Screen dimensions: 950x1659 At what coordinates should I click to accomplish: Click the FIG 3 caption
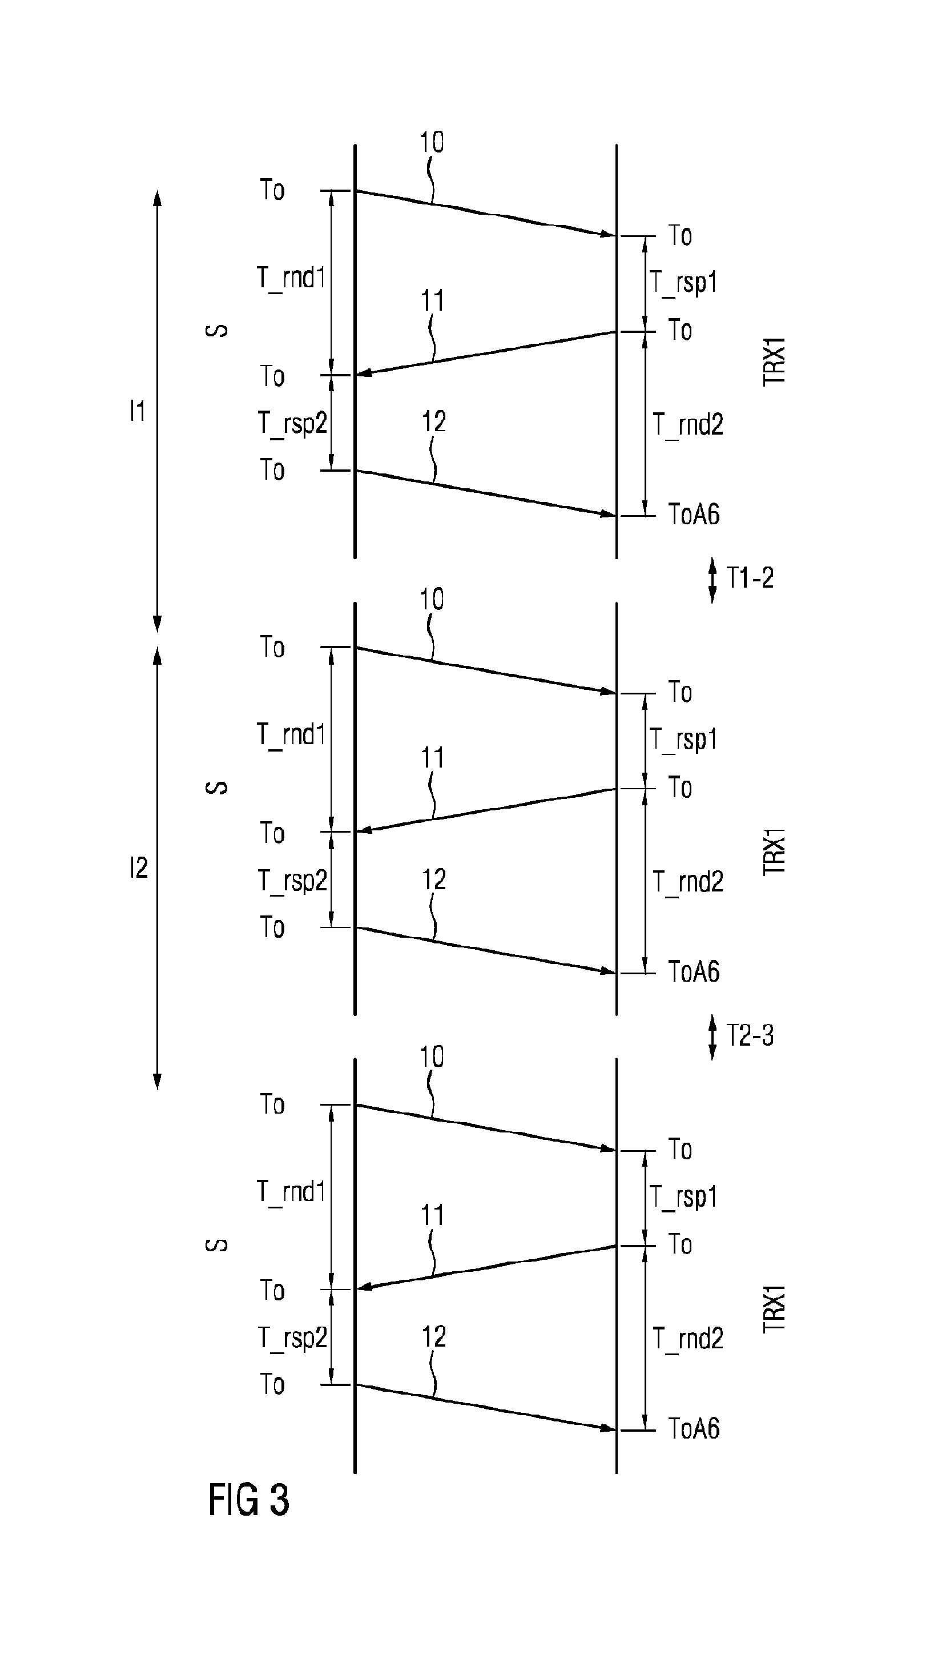[248, 1499]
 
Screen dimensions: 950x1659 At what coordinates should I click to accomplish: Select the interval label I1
[138, 411]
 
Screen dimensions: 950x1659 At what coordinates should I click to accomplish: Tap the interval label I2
[139, 868]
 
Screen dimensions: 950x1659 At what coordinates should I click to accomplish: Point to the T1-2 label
[750, 577]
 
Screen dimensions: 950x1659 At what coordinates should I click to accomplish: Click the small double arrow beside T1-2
[712, 580]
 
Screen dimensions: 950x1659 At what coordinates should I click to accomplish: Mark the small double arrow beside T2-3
[712, 1037]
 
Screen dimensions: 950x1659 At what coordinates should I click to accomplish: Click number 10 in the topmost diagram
[432, 142]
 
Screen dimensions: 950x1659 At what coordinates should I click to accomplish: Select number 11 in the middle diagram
[432, 758]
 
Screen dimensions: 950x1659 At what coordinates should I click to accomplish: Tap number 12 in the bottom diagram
[434, 1337]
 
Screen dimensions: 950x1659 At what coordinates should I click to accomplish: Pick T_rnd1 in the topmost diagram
[291, 278]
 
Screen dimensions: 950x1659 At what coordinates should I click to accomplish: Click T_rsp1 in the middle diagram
[683, 740]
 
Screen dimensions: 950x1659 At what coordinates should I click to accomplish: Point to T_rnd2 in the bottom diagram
[689, 1339]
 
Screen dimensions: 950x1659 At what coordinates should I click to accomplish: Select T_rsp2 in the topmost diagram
[292, 424]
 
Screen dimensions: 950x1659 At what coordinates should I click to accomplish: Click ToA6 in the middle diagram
[694, 972]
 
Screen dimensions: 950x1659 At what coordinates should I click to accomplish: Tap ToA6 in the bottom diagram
[694, 1429]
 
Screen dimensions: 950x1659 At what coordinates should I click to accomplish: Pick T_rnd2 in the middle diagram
[689, 882]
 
